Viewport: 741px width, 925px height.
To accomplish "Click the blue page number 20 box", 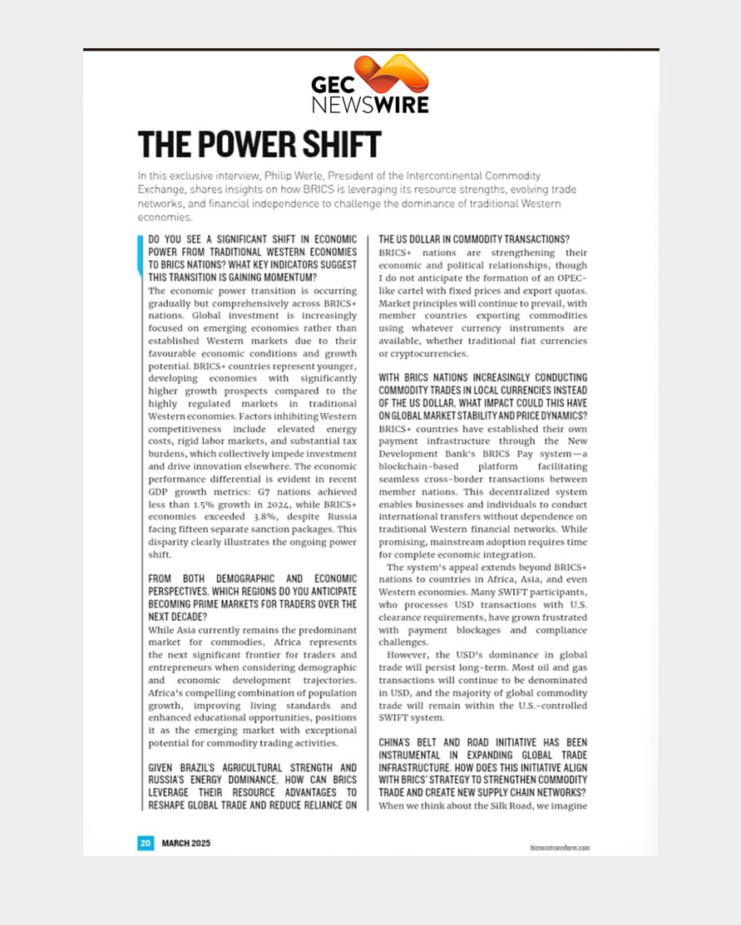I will pyautogui.click(x=145, y=843).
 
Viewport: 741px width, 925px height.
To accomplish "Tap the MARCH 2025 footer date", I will pyautogui.click(x=185, y=843).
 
